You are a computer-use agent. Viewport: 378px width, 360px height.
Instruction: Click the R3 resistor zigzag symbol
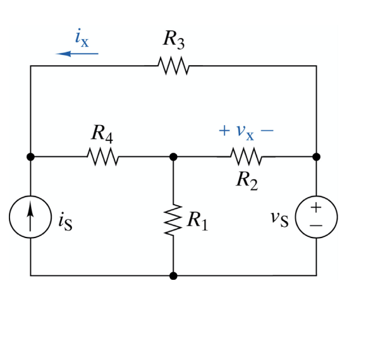[172, 65]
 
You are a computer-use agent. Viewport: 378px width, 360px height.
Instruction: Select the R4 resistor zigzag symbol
[102, 155]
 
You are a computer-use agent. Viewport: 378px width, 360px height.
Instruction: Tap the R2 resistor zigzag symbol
[245, 155]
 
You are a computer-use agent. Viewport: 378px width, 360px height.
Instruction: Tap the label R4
[102, 133]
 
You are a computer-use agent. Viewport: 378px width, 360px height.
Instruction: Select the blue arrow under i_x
[77, 54]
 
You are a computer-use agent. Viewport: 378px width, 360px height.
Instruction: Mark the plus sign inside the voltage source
[317, 208]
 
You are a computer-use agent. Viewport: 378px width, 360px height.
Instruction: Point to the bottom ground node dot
[173, 275]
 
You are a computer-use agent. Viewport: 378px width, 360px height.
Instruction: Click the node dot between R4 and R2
[173, 155]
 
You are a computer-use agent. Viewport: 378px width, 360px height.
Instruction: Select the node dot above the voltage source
[317, 155]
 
